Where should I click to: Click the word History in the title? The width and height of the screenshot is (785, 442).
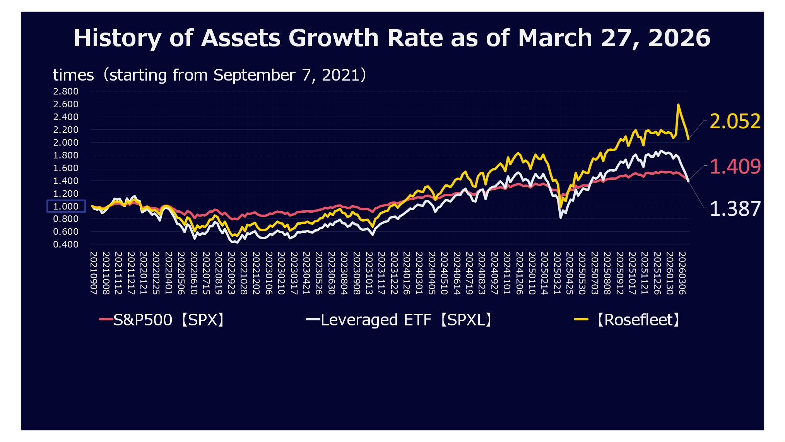[117, 38]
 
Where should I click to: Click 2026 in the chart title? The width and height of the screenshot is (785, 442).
[679, 38]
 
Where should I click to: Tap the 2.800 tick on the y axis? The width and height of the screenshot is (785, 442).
[66, 91]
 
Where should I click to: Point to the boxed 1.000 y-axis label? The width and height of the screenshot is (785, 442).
[66, 206]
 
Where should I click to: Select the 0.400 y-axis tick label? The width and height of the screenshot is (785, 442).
[66, 244]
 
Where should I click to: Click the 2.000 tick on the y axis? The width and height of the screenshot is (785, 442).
[66, 143]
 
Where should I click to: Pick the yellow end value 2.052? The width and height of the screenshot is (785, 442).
[735, 121]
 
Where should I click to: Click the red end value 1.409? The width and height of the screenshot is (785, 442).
[735, 167]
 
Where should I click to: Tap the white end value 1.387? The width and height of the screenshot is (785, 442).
[735, 209]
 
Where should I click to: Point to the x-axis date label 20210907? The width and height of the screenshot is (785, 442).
[94, 273]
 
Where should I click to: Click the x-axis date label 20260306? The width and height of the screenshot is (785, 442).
[682, 273]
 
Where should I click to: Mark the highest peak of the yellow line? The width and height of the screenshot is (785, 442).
[678, 105]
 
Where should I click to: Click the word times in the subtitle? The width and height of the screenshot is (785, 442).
[73, 75]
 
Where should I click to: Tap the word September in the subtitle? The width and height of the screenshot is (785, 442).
[254, 75]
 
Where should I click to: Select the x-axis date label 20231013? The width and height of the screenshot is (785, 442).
[369, 273]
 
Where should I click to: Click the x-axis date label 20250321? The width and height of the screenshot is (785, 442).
[557, 273]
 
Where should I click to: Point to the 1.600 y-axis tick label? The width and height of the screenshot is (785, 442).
[66, 168]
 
